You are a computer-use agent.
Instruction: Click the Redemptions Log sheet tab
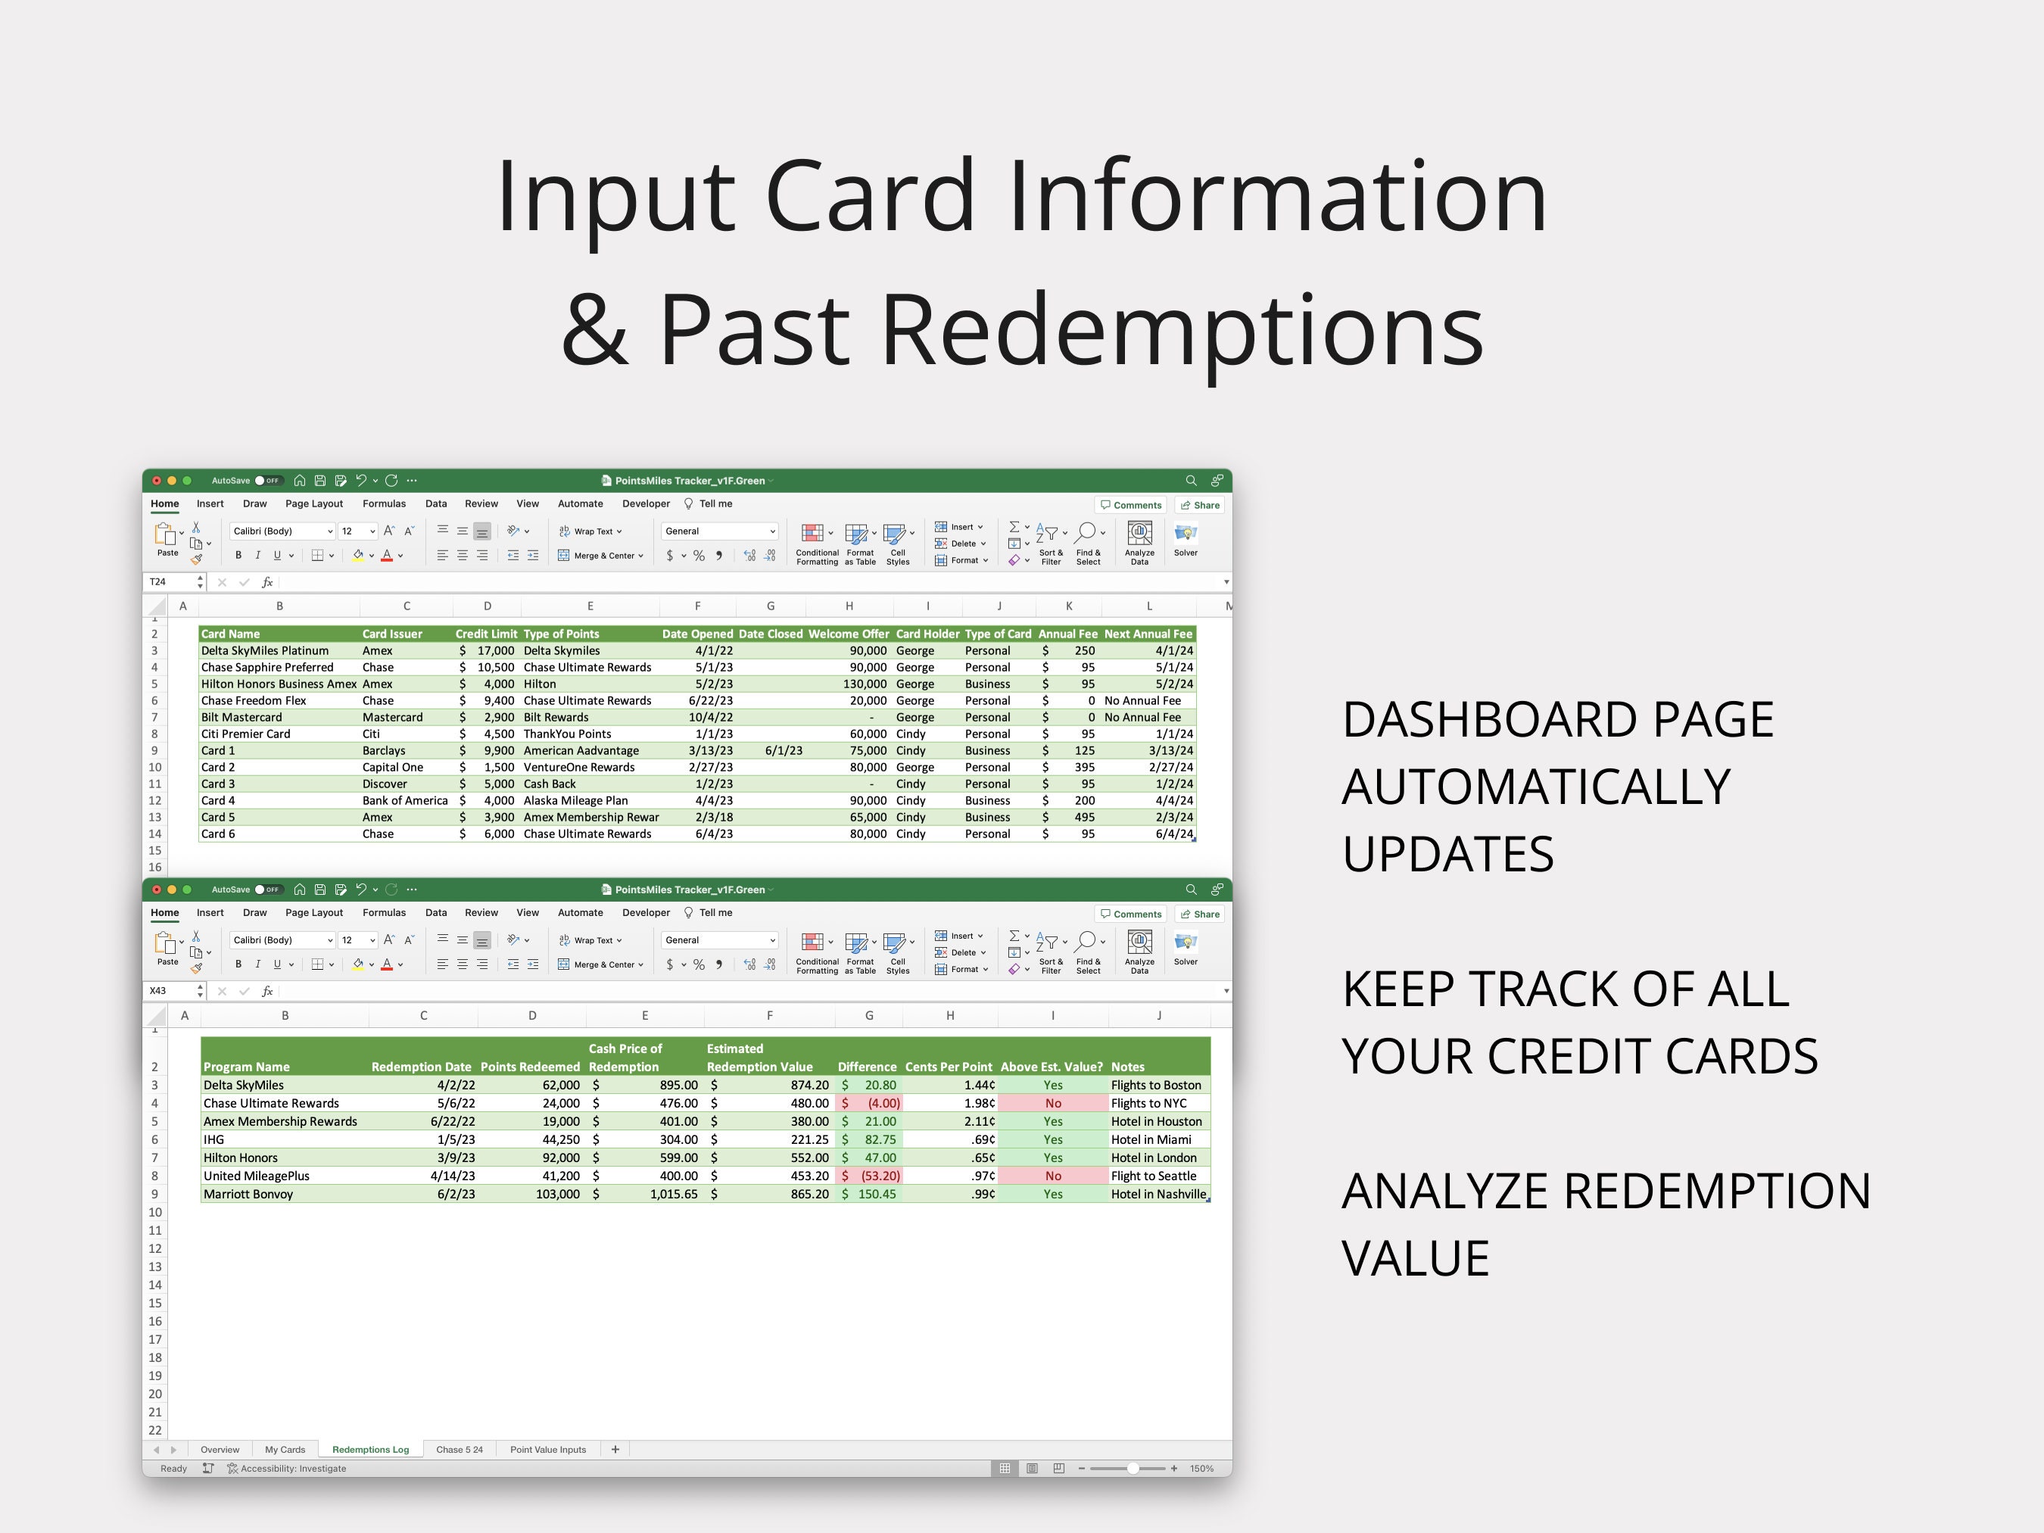click(369, 1449)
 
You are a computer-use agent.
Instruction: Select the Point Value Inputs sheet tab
click(548, 1449)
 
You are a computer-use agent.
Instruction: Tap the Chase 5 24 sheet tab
click(460, 1449)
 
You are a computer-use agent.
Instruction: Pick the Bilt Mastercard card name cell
click(242, 717)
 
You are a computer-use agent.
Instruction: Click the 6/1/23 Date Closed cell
click(783, 750)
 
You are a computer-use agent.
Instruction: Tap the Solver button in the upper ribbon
click(1186, 539)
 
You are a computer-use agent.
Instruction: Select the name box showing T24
click(171, 582)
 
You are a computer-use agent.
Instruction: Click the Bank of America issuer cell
click(405, 800)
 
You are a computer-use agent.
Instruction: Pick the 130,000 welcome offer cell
click(864, 684)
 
